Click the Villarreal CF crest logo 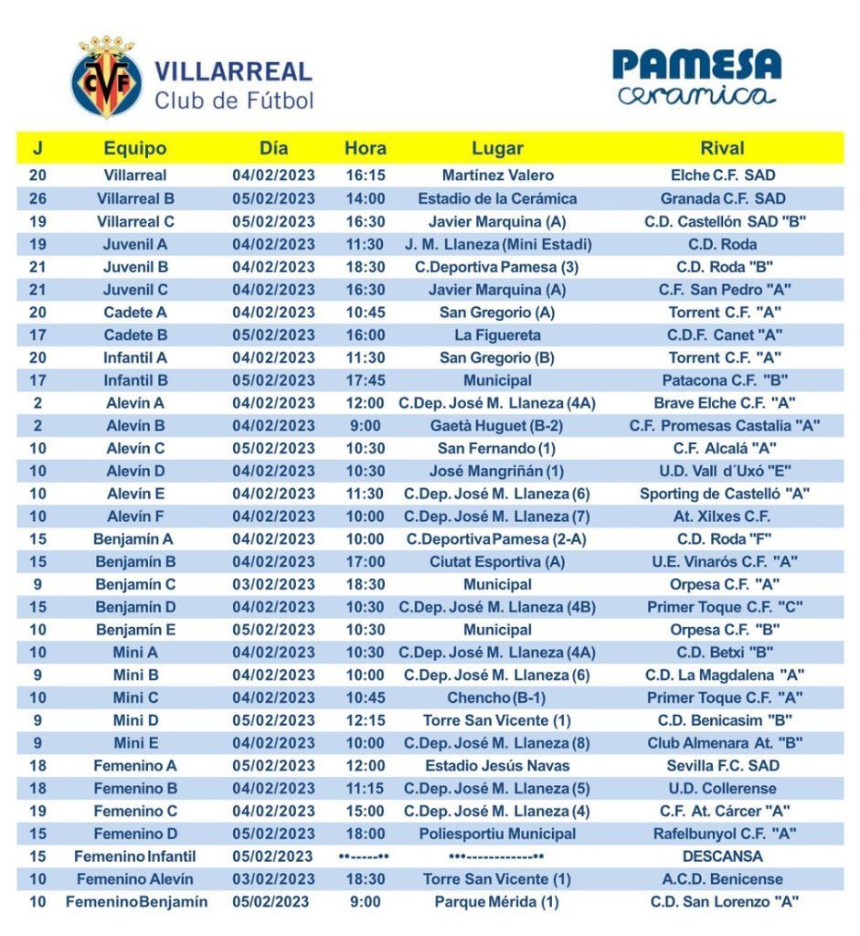point(107,78)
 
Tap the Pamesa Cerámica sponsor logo point(696,77)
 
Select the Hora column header point(366,148)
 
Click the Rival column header point(722,148)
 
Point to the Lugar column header point(497,148)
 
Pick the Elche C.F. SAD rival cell point(722,175)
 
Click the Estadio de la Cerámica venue point(497,198)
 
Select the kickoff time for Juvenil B point(366,267)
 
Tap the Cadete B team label point(135,335)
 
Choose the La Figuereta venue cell point(497,335)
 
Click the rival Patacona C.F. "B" point(724,380)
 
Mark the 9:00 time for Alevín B point(366,425)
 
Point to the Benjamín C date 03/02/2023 point(273,584)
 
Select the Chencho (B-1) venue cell point(497,697)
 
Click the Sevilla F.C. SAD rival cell point(723,766)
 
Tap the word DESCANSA point(723,856)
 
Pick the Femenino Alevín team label point(135,879)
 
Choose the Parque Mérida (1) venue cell point(497,902)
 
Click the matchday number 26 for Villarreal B point(37,198)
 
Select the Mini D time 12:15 point(366,720)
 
